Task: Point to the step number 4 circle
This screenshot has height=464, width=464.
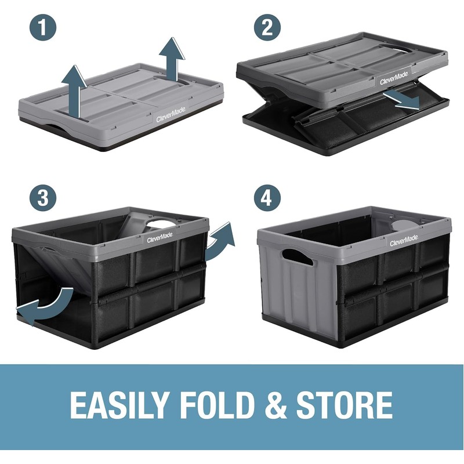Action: pyautogui.click(x=267, y=198)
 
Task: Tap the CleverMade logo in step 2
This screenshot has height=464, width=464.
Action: pyautogui.click(x=394, y=78)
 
